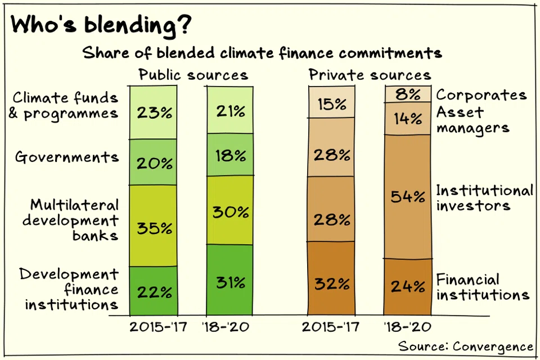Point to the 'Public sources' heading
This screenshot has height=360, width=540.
(193, 75)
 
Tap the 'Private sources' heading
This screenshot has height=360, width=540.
(370, 74)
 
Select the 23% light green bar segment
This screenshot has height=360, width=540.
(153, 112)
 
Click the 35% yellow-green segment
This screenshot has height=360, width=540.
(153, 226)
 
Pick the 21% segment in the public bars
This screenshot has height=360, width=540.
(230, 110)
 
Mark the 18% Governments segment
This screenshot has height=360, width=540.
(230, 155)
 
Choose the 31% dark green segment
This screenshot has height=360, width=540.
(230, 280)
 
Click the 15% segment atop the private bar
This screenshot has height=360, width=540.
(331, 102)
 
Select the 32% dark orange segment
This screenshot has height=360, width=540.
(331, 278)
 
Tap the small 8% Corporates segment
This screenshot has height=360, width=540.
(408, 94)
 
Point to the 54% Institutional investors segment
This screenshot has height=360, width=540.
(408, 197)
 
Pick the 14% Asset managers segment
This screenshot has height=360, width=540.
(408, 119)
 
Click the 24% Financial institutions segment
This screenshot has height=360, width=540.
(408, 287)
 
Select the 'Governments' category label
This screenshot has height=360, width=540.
(67, 157)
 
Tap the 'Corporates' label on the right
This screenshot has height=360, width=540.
(481, 94)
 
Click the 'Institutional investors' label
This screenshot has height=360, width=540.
(484, 198)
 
